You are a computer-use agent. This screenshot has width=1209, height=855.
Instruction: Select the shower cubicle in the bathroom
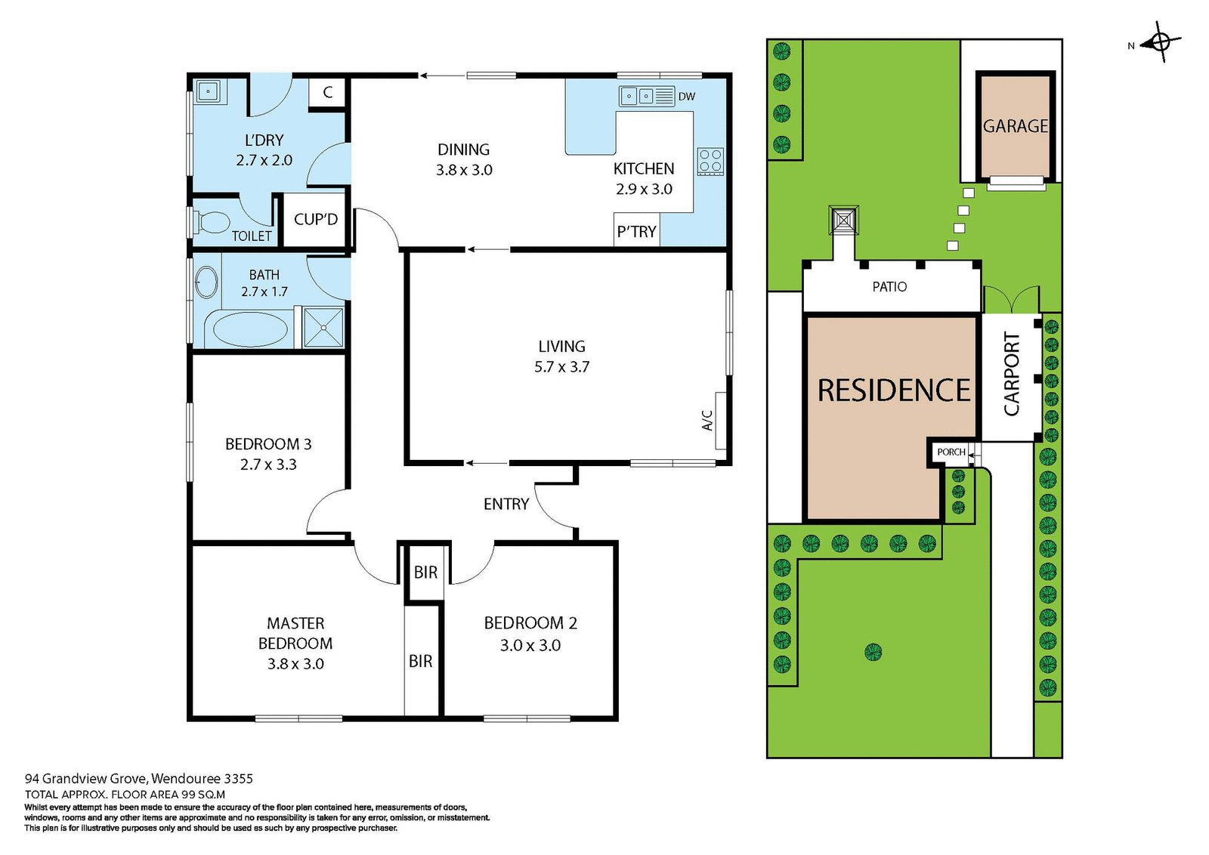coord(323,328)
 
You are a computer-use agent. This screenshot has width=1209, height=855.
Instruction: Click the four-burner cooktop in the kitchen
coord(710,162)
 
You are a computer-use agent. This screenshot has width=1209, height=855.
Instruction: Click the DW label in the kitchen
coord(687,97)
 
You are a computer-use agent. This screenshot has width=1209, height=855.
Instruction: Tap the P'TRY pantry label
coord(636,231)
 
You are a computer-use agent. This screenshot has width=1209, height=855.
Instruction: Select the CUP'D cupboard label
coord(316,219)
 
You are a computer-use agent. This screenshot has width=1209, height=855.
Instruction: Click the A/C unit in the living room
coord(721,421)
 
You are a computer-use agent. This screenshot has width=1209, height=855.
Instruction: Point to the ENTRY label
coord(506,504)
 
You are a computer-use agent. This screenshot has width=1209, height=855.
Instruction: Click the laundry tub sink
coord(208,91)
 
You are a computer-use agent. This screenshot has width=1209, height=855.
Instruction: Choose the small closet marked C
coord(327,94)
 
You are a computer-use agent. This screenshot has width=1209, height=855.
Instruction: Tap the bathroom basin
coord(206,282)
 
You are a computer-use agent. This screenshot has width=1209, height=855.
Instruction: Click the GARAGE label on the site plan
coord(1016,125)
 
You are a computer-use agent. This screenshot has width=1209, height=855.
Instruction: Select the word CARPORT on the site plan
coord(1012,374)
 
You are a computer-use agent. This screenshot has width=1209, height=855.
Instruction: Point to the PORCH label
coord(951,452)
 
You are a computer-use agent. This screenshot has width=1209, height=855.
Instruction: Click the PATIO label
coord(889,286)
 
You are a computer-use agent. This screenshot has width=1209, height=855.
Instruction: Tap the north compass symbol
coord(1161,42)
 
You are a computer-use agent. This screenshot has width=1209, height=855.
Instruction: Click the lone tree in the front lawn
coord(874,652)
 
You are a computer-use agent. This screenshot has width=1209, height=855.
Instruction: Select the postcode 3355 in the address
coord(238,779)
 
